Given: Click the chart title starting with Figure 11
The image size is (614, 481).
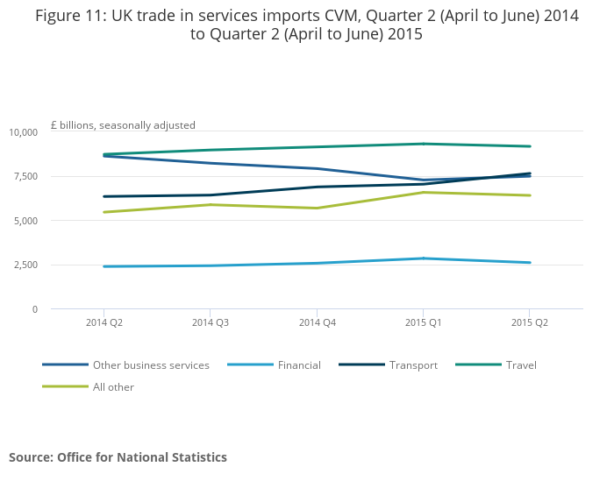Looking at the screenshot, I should [x=307, y=25].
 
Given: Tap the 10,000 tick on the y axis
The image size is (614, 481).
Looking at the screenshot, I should [x=23, y=132].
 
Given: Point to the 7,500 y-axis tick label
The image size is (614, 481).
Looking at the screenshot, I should [x=25, y=176].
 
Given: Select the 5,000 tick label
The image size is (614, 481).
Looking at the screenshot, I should [x=25, y=221].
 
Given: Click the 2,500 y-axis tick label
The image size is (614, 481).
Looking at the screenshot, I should [x=25, y=265].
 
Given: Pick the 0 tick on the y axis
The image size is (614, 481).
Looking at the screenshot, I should [x=34, y=309].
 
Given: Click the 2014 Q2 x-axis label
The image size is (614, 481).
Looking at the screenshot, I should [x=104, y=322].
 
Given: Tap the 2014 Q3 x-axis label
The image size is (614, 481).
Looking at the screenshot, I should [x=211, y=322].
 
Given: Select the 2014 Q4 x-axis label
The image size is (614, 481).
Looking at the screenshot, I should [x=317, y=322].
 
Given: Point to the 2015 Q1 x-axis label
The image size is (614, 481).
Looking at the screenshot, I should [x=423, y=322].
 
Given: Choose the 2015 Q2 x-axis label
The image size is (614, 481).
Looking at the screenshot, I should [x=530, y=322].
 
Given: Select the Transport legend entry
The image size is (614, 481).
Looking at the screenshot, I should [x=413, y=365].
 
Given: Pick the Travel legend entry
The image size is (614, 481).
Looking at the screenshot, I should [x=521, y=365].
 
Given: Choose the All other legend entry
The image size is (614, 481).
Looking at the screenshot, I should [x=113, y=387].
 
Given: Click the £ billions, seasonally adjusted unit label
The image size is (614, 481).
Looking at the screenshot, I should [x=123, y=125].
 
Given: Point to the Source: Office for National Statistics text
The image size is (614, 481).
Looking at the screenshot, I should [x=118, y=457].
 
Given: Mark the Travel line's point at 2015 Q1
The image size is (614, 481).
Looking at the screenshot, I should [x=424, y=144].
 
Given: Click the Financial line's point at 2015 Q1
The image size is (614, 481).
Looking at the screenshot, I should [x=424, y=258].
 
